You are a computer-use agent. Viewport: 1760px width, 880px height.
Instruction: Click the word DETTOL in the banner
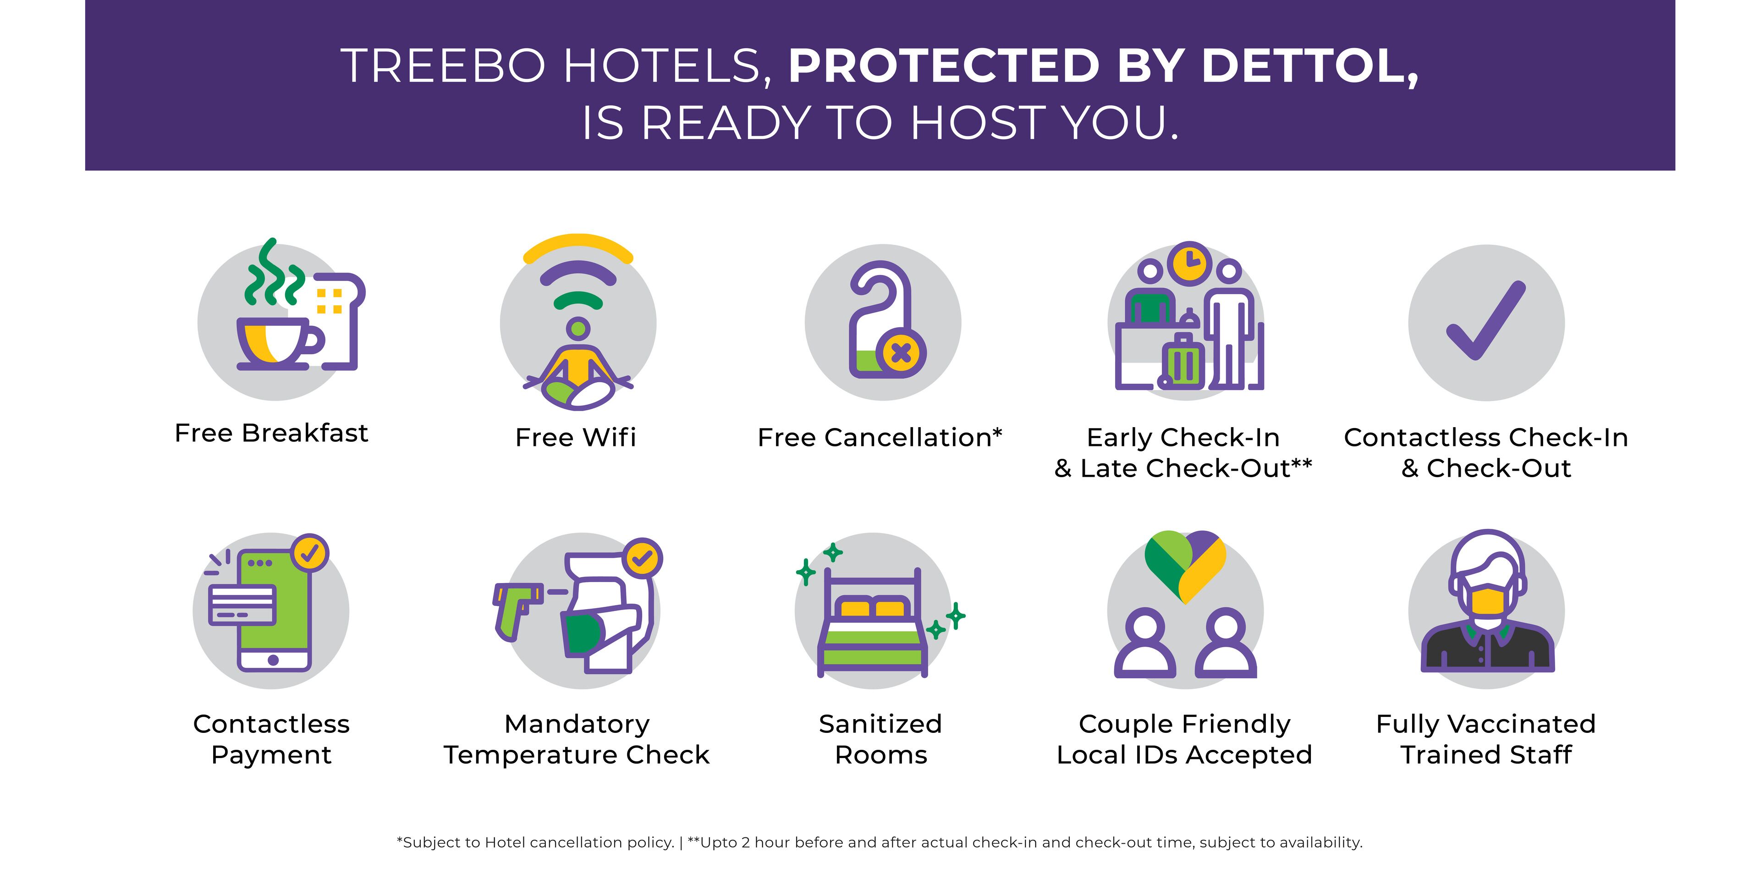(x=1309, y=67)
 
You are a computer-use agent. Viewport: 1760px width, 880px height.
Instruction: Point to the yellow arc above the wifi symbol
(x=578, y=246)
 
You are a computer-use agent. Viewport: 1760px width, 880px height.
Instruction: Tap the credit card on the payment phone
(x=242, y=605)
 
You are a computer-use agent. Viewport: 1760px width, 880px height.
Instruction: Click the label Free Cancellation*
(x=880, y=437)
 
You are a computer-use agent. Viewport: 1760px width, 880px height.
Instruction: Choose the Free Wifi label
(x=576, y=437)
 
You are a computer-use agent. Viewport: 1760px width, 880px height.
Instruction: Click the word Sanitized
(x=880, y=724)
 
